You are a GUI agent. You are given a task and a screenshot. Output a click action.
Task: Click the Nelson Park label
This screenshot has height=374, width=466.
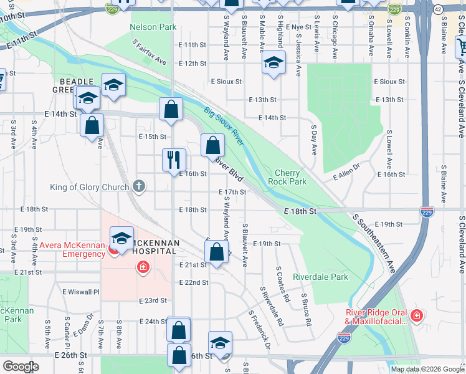click(x=153, y=27)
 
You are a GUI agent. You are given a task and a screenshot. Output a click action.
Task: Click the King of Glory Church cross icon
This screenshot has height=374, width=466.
click(x=140, y=186)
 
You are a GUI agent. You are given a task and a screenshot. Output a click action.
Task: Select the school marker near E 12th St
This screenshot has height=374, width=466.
click(x=272, y=63)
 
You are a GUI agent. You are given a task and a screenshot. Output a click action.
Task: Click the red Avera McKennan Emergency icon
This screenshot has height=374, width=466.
click(x=113, y=249)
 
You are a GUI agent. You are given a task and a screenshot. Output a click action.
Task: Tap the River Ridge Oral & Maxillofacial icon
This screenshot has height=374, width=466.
click(x=416, y=316)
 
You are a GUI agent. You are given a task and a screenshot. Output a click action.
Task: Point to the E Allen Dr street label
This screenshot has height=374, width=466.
click(x=347, y=172)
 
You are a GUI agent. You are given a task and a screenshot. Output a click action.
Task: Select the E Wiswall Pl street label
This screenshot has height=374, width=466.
click(x=80, y=291)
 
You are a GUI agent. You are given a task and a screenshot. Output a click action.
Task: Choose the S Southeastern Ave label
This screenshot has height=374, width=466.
click(x=374, y=244)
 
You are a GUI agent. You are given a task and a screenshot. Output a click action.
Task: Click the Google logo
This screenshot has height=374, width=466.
click(x=21, y=367)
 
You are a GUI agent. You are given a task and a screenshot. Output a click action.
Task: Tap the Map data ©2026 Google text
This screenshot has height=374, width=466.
click(x=427, y=369)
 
